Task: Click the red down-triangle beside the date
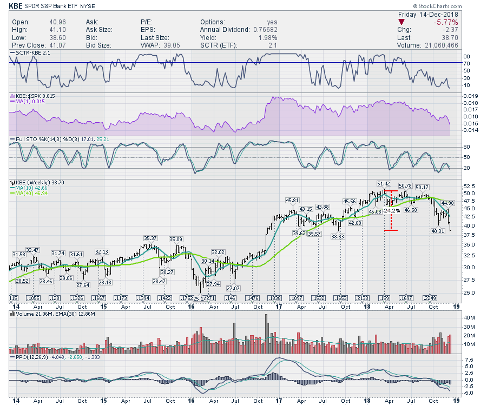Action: coord(401,22)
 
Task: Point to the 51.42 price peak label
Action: coord(384,185)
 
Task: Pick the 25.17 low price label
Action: coord(200,298)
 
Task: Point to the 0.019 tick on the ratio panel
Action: coord(471,96)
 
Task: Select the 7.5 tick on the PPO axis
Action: coord(470,359)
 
